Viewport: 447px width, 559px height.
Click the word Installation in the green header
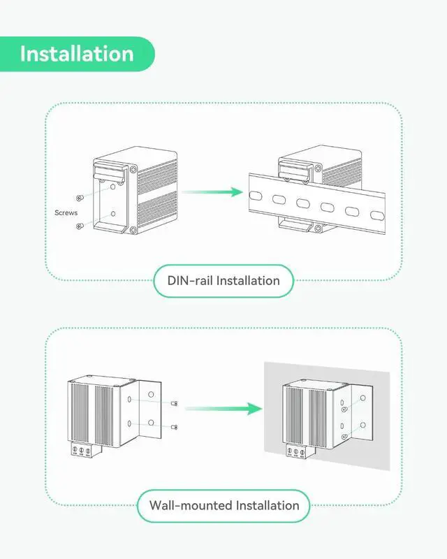76,54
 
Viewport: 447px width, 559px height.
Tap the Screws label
66,212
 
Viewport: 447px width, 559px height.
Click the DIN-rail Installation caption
223,281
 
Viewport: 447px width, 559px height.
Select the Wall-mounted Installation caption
223,505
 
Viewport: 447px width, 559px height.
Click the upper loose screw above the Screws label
81,198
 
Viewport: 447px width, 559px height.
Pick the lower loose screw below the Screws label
81,225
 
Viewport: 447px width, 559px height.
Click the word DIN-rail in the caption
191,281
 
